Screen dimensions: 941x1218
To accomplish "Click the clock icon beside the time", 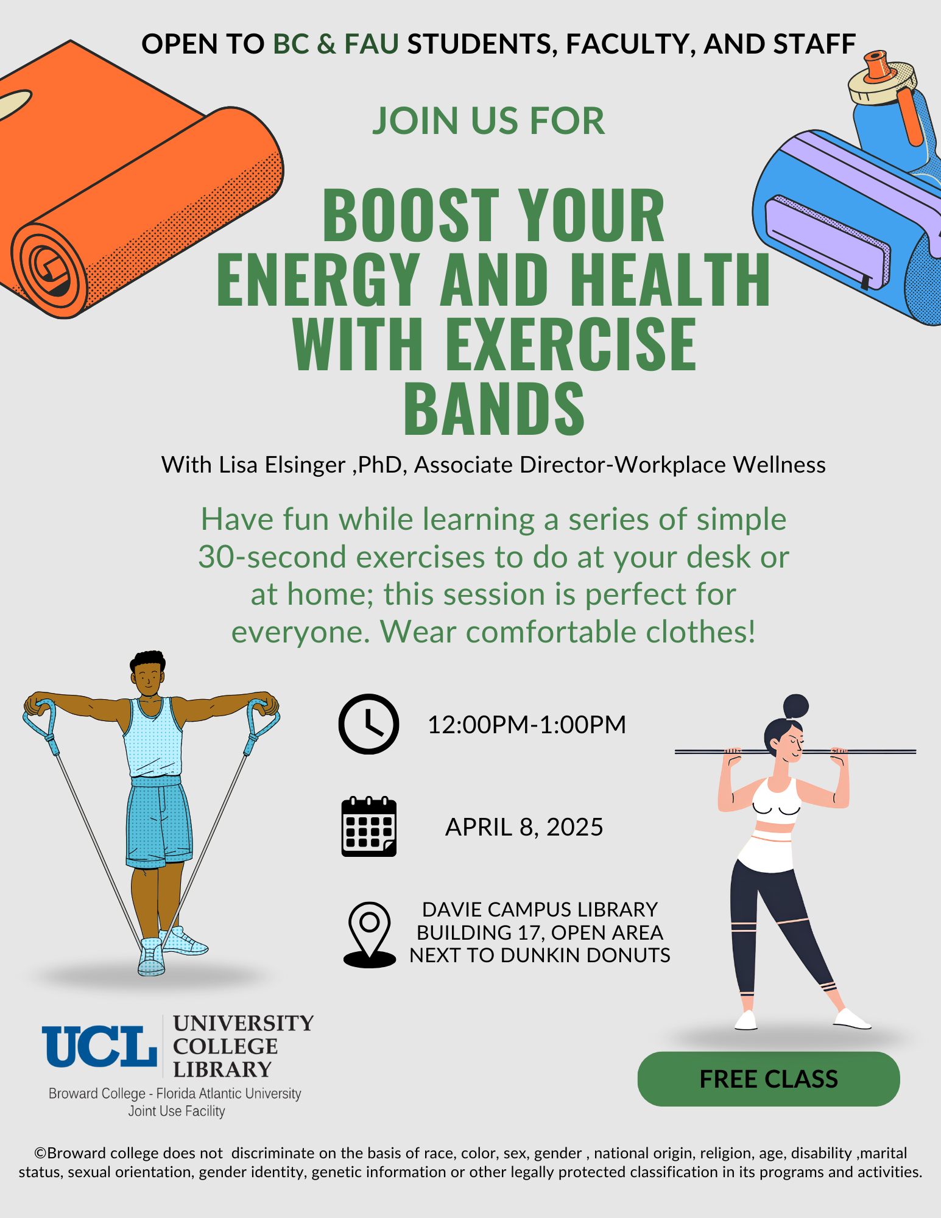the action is point(368,724).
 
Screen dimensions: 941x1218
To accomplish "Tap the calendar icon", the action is point(369,826).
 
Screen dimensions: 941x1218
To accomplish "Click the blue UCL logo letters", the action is point(99,1046).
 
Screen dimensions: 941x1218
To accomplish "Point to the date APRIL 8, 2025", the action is point(524,827).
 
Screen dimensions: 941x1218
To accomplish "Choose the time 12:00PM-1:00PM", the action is point(527,725).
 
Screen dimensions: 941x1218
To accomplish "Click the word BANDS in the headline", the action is point(494,407).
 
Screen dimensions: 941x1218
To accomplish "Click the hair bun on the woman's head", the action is point(796,706).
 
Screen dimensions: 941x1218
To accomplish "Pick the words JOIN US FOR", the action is point(488,121).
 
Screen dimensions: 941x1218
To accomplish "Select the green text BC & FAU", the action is point(336,44).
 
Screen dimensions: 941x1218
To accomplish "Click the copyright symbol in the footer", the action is point(40,1153).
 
